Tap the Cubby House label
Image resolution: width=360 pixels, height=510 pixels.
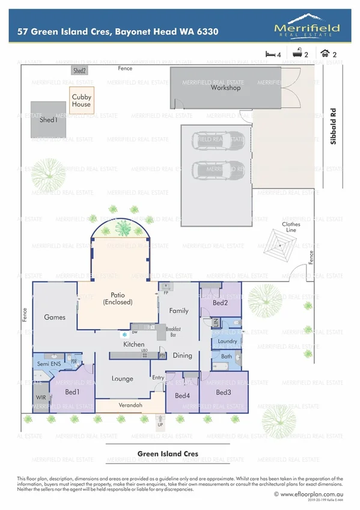81,100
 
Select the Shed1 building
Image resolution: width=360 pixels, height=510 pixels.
49,119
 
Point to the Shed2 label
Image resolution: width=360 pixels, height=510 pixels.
80,70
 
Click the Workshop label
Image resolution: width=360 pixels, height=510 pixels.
225,88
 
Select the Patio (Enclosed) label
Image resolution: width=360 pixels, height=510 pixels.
121,298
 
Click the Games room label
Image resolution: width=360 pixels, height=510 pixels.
54,317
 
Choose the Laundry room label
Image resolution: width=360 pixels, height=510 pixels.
228,342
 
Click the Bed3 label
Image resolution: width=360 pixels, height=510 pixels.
224,392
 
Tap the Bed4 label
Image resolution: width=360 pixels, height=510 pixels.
182,396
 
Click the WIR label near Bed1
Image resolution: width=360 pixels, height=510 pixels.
41,398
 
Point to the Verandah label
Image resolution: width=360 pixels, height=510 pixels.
130,405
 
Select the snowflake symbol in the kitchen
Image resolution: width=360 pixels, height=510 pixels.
124,334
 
